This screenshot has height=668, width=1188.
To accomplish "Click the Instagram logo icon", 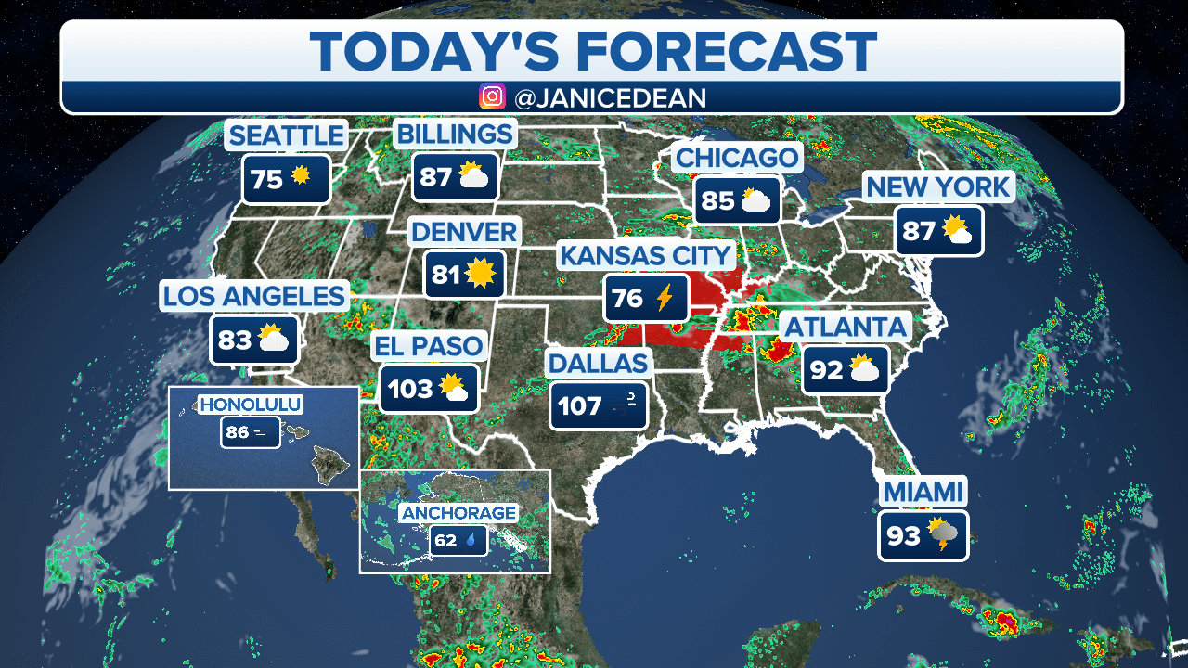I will click(x=492, y=96).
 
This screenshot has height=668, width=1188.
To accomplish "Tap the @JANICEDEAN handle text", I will click(x=609, y=97).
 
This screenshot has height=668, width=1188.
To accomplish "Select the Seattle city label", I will click(x=286, y=135).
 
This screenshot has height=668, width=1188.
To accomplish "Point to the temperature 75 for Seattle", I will click(x=266, y=179).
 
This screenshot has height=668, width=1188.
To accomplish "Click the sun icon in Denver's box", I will click(x=480, y=274).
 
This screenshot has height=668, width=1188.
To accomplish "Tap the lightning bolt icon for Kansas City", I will click(x=665, y=298).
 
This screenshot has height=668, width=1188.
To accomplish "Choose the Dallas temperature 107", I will click(x=580, y=405).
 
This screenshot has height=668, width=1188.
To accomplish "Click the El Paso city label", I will click(x=428, y=347).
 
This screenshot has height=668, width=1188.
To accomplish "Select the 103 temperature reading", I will click(x=410, y=389).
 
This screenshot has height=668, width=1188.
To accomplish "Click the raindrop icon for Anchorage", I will click(x=471, y=539).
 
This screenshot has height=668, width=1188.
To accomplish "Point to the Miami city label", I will click(x=923, y=492).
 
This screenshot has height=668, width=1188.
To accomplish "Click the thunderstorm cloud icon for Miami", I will click(x=945, y=535).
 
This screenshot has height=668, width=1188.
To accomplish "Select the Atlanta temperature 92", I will click(x=825, y=370).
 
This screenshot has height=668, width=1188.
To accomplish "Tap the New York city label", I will click(x=937, y=187).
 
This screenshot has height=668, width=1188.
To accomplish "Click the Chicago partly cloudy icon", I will click(x=755, y=200).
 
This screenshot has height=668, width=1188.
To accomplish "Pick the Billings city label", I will click(x=455, y=134).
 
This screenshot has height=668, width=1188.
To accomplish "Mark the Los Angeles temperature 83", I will click(x=235, y=340).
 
